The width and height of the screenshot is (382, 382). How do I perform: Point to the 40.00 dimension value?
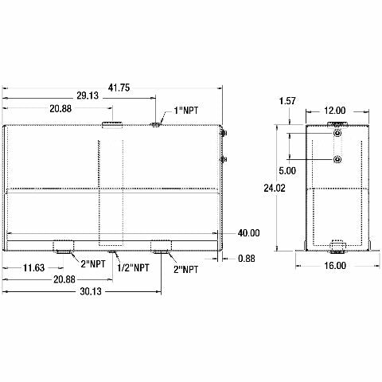248,232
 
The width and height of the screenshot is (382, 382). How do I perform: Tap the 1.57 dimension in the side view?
287,100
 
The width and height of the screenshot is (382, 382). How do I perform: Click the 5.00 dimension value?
287,170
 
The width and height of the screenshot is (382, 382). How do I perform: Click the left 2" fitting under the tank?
64,244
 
